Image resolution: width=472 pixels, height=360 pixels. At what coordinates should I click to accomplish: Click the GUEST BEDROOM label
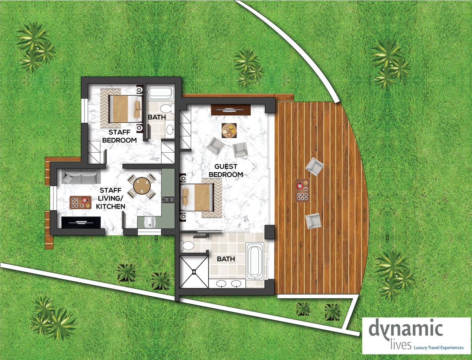tap(226, 170)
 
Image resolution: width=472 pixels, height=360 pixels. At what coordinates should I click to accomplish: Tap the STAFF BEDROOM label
tap(120, 136)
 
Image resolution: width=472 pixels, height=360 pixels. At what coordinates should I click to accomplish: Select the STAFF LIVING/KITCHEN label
tap(111, 198)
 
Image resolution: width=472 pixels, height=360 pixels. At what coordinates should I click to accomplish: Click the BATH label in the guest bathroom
tap(226, 259)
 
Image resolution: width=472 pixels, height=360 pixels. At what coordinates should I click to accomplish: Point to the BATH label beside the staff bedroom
tap(157, 117)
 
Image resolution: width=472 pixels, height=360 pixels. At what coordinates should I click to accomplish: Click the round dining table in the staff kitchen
tap(142, 186)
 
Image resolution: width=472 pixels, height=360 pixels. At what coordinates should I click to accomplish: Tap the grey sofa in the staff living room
tap(81, 176)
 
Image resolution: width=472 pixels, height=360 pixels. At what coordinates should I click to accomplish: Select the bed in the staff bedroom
tap(125, 109)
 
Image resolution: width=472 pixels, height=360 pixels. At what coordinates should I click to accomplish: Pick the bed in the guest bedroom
tap(197, 197)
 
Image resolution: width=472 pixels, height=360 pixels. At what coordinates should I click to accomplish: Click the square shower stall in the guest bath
tap(194, 272)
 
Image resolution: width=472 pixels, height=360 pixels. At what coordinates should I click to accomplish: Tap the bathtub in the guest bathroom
tap(255, 261)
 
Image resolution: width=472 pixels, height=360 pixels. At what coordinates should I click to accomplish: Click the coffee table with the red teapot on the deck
tap(302, 190)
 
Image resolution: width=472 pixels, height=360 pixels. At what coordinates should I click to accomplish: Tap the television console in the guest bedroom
tap(231, 110)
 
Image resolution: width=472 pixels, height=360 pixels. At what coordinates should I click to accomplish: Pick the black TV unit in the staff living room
tap(81, 222)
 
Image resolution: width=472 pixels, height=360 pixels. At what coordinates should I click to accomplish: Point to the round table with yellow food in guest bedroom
tap(229, 131)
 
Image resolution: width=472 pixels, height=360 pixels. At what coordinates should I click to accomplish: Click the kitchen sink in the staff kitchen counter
tap(149, 222)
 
